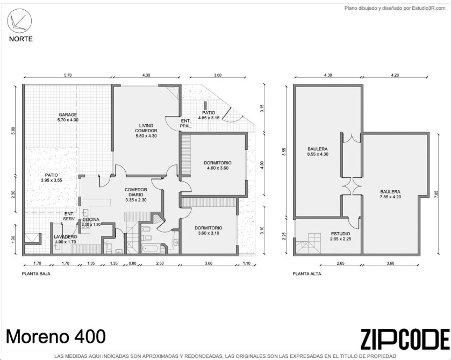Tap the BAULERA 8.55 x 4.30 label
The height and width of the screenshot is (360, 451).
(318, 152)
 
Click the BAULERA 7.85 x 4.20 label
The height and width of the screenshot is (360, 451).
(390, 194)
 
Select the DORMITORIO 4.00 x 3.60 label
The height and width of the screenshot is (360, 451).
(218, 165)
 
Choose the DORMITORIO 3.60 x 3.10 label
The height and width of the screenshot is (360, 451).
(209, 231)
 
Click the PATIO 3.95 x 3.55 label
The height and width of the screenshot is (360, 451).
(52, 177)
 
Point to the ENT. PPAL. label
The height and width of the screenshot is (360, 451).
(186, 124)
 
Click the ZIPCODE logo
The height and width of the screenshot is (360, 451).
(405, 339)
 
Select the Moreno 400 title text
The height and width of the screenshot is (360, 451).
(56, 336)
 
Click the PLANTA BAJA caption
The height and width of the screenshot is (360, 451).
(36, 273)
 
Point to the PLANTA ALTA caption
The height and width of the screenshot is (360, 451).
(307, 273)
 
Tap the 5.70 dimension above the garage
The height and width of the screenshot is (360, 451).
(68, 75)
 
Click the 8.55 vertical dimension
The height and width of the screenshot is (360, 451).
(284, 152)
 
